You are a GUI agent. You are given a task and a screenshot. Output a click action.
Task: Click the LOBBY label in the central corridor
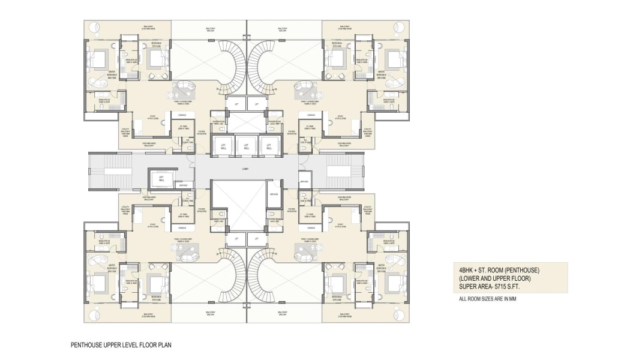pyautogui.click(x=247, y=169)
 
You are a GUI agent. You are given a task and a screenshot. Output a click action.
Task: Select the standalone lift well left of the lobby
pyautogui.click(x=161, y=178)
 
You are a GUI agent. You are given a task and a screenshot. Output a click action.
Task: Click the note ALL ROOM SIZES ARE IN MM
pyautogui.click(x=487, y=298)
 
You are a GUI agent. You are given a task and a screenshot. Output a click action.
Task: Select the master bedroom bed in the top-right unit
pyautogui.click(x=394, y=59)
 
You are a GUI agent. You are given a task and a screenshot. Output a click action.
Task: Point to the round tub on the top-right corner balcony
pyautogui.click(x=400, y=26)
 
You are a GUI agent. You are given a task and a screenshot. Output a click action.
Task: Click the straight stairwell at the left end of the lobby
pyautogui.click(x=105, y=171)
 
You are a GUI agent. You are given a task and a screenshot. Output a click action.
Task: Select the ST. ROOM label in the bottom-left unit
pyautogui.click(x=184, y=215)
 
